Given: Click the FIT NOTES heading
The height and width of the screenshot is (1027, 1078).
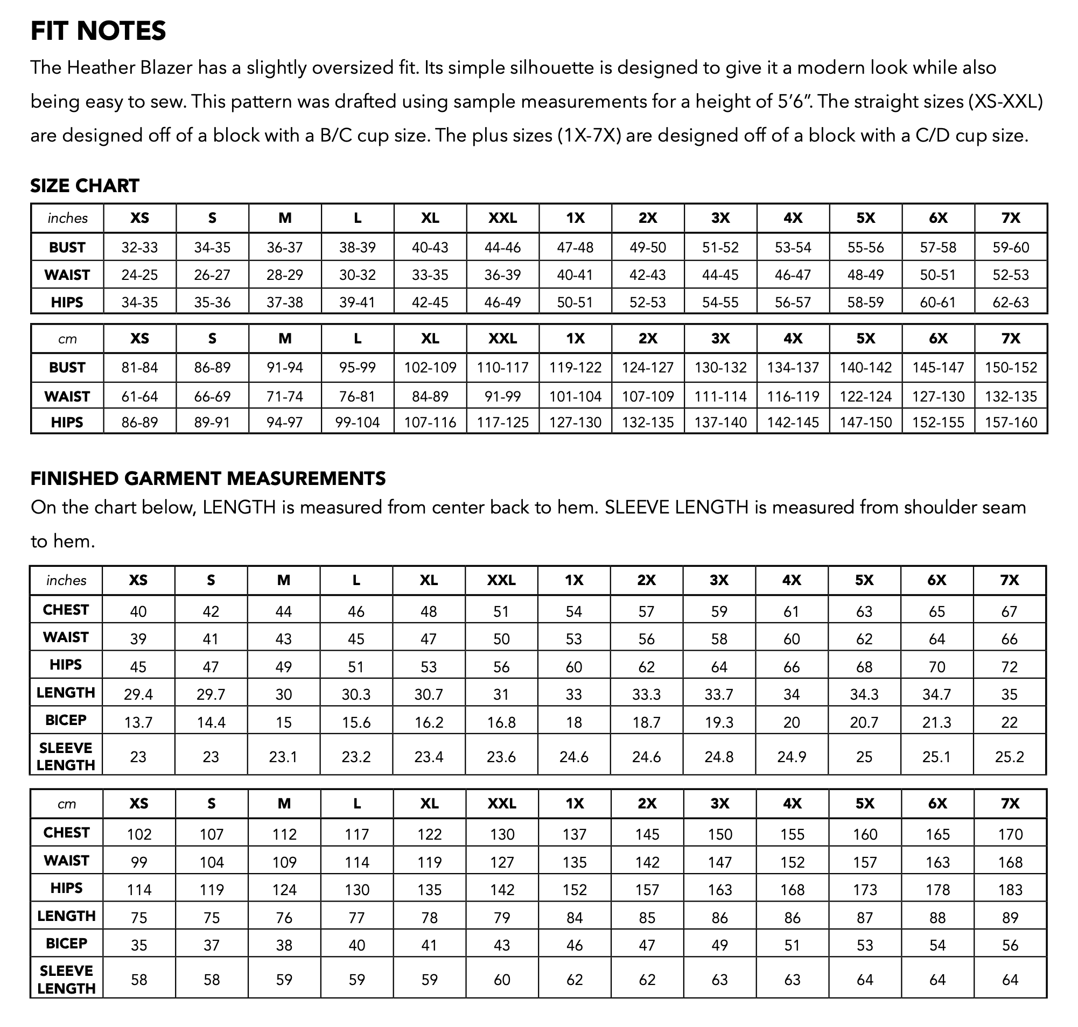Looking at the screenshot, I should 98,31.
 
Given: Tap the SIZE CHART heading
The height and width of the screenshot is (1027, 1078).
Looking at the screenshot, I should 85,186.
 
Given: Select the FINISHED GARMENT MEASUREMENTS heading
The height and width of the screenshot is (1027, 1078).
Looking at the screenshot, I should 208,479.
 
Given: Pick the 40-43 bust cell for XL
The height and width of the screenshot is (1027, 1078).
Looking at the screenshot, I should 430,248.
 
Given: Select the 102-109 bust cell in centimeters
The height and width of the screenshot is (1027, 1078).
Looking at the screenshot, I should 430,367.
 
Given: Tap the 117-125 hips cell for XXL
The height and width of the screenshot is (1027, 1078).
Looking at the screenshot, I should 502,423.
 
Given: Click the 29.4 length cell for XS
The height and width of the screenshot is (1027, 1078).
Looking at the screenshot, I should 138,694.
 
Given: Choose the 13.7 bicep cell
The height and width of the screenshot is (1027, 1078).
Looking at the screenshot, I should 138,722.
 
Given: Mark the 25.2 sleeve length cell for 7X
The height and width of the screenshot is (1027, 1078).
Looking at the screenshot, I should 1009,757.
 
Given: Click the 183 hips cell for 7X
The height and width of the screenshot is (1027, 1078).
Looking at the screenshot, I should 1010,890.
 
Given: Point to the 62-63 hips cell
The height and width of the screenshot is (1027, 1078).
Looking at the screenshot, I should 1011,302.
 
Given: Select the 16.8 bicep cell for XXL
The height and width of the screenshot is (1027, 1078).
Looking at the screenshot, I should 501,722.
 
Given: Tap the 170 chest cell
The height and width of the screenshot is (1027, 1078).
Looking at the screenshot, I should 1010,834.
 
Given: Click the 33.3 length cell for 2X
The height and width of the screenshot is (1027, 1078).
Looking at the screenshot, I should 646,694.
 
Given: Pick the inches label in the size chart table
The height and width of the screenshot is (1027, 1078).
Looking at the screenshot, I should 67,219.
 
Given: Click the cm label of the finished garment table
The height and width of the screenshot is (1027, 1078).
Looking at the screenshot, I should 67,804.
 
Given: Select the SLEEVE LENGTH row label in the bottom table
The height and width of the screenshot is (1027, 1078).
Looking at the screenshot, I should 66,980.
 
